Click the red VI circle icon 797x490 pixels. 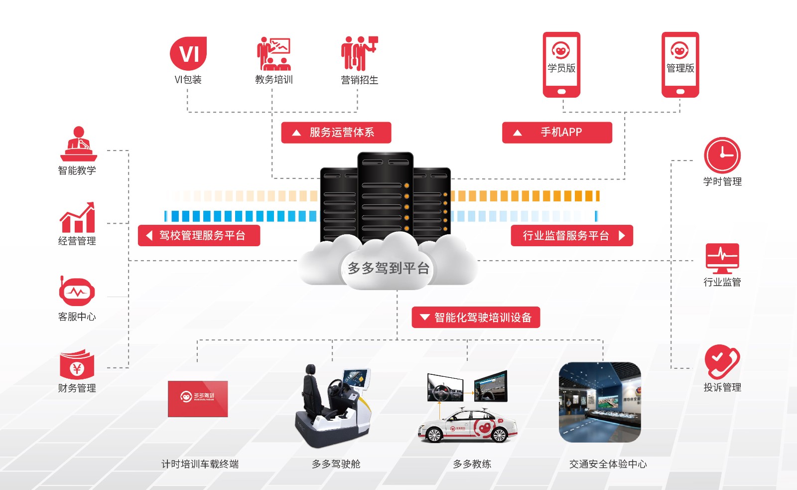click(188, 53)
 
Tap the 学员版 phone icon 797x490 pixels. click(561, 64)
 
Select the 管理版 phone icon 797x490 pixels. click(680, 64)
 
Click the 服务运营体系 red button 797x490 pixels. click(336, 133)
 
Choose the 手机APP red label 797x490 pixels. click(557, 133)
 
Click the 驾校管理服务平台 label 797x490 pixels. click(199, 236)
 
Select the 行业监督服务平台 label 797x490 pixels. click(572, 236)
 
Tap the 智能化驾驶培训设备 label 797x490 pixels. click(476, 318)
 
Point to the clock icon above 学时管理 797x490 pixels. click(722, 156)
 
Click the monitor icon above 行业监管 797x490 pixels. click(722, 258)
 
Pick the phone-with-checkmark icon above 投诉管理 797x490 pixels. click(721, 361)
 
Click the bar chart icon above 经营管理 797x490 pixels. click(77, 218)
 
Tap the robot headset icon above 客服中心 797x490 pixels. click(77, 292)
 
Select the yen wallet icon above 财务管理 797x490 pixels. click(77, 366)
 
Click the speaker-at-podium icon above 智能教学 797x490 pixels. click(78, 144)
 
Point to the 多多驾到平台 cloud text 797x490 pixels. click(388, 268)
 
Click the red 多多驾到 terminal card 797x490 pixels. click(198, 399)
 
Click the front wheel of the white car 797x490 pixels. click(434, 435)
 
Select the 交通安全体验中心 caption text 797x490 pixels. click(608, 464)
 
